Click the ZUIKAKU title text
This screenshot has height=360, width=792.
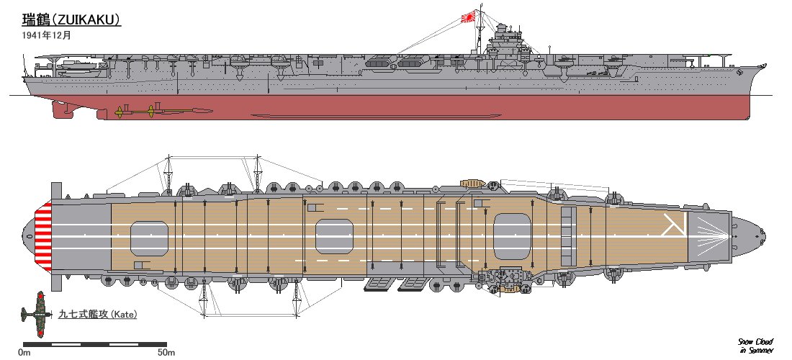click(71, 19)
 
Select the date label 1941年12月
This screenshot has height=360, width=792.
click(46, 34)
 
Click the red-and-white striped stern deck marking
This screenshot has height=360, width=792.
click(45, 235)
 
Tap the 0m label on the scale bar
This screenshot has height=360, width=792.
click(24, 352)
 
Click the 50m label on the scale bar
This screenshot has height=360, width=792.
click(166, 352)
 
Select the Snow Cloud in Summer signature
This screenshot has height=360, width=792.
click(755, 345)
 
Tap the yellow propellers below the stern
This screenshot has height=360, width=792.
click(137, 111)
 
